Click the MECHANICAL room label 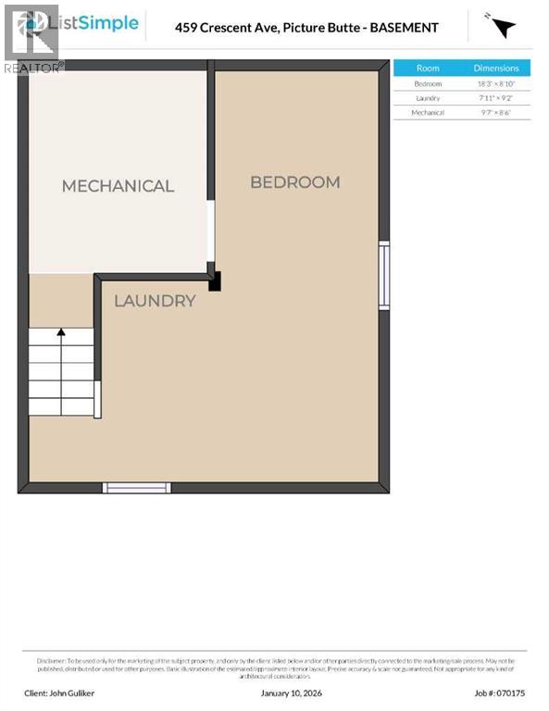coord(118,186)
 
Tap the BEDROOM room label coord(295,182)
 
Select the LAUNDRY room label coord(155,301)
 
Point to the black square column coord(215,281)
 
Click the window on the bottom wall coord(136,487)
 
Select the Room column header coord(428,69)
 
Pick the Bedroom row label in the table coord(428,83)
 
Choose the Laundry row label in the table coord(428,98)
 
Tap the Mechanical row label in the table coord(428,112)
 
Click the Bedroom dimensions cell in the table coord(496,83)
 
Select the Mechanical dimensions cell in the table coord(496,112)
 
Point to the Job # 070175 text coord(500,692)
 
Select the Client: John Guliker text coord(60,692)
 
